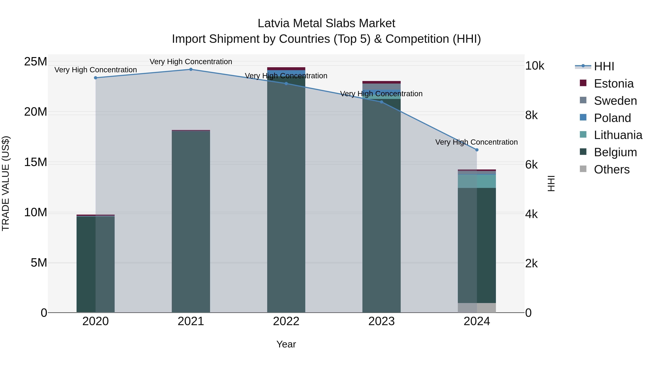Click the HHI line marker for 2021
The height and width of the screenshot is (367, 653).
pos(191,69)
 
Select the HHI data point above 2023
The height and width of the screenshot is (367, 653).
pos(381,102)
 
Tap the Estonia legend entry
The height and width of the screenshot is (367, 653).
pos(613,84)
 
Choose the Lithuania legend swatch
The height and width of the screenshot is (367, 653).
pos(583,134)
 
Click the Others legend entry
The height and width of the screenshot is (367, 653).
pos(611,169)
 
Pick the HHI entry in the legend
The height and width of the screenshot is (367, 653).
pos(604,66)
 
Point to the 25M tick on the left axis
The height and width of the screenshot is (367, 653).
pos(36,62)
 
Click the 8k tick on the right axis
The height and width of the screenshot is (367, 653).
pos(531,115)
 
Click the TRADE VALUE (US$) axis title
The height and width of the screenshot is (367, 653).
pos(6,183)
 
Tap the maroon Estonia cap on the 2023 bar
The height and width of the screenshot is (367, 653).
pos(381,82)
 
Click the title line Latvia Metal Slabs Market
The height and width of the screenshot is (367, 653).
pos(326,23)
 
